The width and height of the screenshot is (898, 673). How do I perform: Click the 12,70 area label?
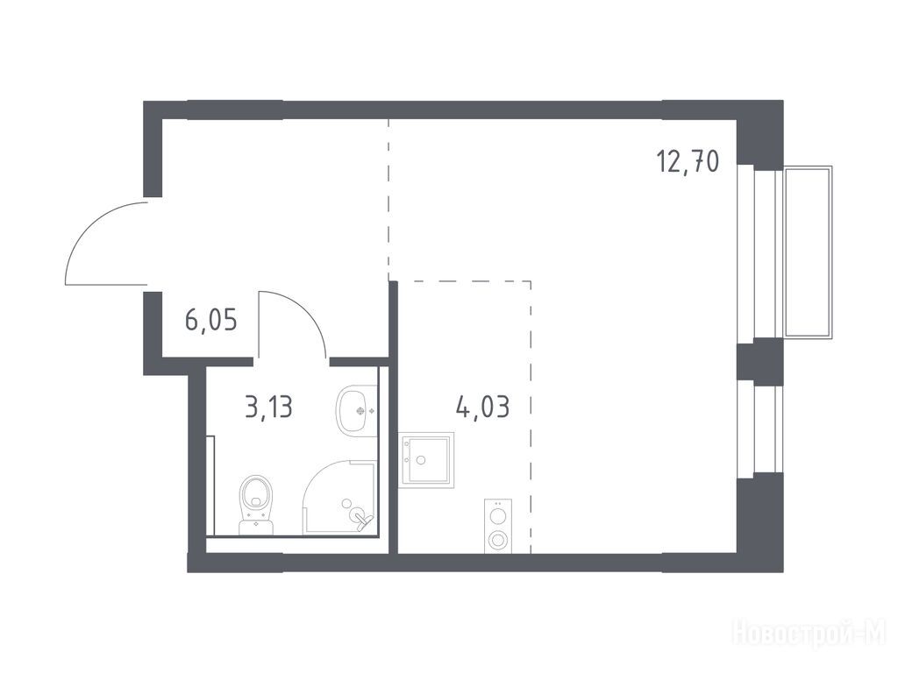[688, 161]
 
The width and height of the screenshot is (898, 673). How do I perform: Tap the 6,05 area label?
[211, 320]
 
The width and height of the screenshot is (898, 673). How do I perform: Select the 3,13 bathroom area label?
[269, 407]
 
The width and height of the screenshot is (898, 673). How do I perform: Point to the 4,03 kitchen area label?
[483, 407]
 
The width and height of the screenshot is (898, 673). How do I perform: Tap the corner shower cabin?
[339, 497]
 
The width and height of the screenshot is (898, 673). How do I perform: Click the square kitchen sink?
[427, 460]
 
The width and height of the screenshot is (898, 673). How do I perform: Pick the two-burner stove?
[498, 527]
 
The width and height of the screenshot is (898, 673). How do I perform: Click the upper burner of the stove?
[498, 514]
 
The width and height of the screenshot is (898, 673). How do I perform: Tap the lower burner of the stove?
[498, 539]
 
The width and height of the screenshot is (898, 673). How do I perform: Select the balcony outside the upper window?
[808, 251]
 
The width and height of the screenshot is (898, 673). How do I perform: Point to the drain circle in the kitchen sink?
[422, 460]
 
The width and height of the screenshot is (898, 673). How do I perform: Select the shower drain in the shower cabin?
[346, 503]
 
